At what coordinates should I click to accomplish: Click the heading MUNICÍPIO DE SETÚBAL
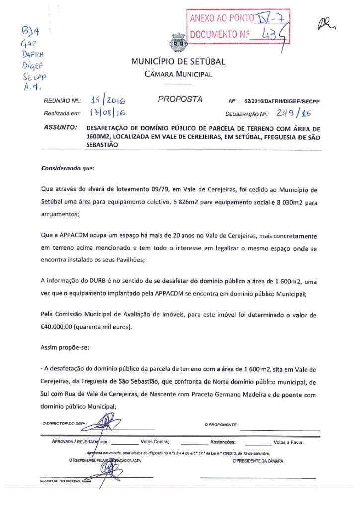(178, 62)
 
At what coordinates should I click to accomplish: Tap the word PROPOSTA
(180, 99)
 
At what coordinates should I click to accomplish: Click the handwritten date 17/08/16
(107, 114)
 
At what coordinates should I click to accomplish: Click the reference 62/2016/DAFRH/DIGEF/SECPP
(281, 101)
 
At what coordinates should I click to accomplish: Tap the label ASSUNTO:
(60, 128)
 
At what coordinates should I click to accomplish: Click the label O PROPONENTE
(221, 425)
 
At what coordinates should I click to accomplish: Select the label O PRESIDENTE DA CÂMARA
(258, 461)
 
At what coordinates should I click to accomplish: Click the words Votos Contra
(155, 441)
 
